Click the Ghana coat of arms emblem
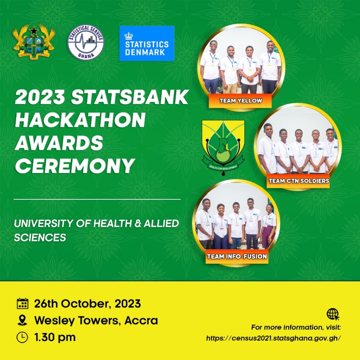(x=34, y=42)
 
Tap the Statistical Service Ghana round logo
(x=86, y=42)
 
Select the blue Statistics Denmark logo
(x=147, y=43)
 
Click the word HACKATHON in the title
(x=81, y=120)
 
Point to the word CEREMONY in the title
(x=75, y=166)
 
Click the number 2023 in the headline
(x=40, y=97)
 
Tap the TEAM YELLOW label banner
(x=240, y=101)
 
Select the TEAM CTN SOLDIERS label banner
(x=298, y=181)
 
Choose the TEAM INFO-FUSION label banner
(x=237, y=256)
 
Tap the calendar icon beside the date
(x=22, y=303)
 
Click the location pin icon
(x=22, y=320)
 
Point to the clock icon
(x=22, y=337)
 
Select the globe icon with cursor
(x=333, y=314)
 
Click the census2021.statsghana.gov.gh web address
(x=273, y=338)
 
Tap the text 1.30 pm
(x=55, y=337)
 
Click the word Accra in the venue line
(x=141, y=321)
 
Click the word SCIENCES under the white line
(x=40, y=237)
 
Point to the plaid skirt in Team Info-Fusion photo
(x=268, y=237)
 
